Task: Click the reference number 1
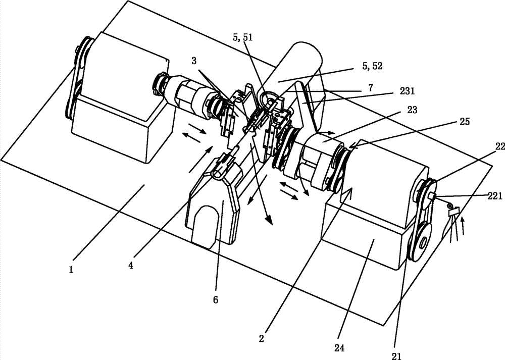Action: coord(71,269)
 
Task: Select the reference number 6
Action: coord(216,300)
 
